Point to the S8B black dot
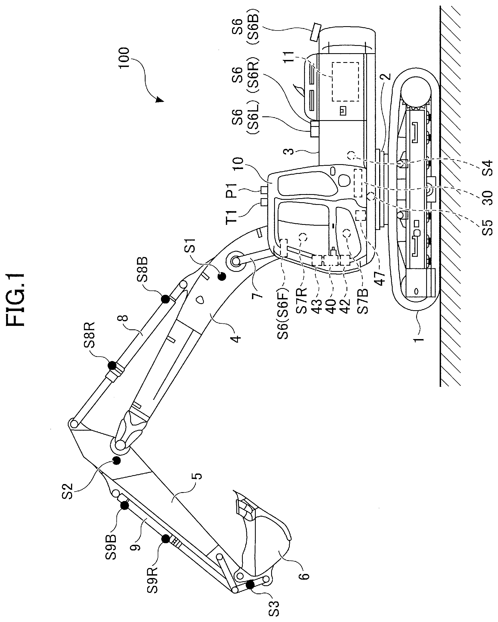(x=165, y=299)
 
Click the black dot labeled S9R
(x=166, y=539)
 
